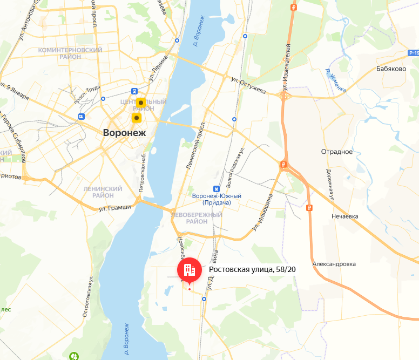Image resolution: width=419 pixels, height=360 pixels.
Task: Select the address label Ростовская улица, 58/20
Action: pyautogui.click(x=252, y=269)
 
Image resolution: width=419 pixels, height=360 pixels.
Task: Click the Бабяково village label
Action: pyautogui.click(x=391, y=69)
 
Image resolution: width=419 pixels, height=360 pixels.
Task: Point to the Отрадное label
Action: pyautogui.click(x=336, y=151)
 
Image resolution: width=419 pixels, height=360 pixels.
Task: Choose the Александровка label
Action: pyautogui.click(x=334, y=264)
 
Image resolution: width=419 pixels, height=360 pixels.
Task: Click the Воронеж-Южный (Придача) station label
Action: pyautogui.click(x=216, y=199)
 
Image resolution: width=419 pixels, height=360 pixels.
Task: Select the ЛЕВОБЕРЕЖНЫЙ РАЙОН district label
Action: pyautogui.click(x=196, y=218)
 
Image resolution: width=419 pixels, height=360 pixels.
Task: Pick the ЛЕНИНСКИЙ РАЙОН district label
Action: pyautogui.click(x=103, y=192)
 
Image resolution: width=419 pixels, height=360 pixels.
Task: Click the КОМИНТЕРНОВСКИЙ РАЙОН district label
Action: pyautogui.click(x=70, y=53)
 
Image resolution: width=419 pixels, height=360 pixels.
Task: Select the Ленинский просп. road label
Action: pyautogui.click(x=197, y=147)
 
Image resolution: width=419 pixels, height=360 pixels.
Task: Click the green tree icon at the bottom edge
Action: pyautogui.click(x=74, y=356)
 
